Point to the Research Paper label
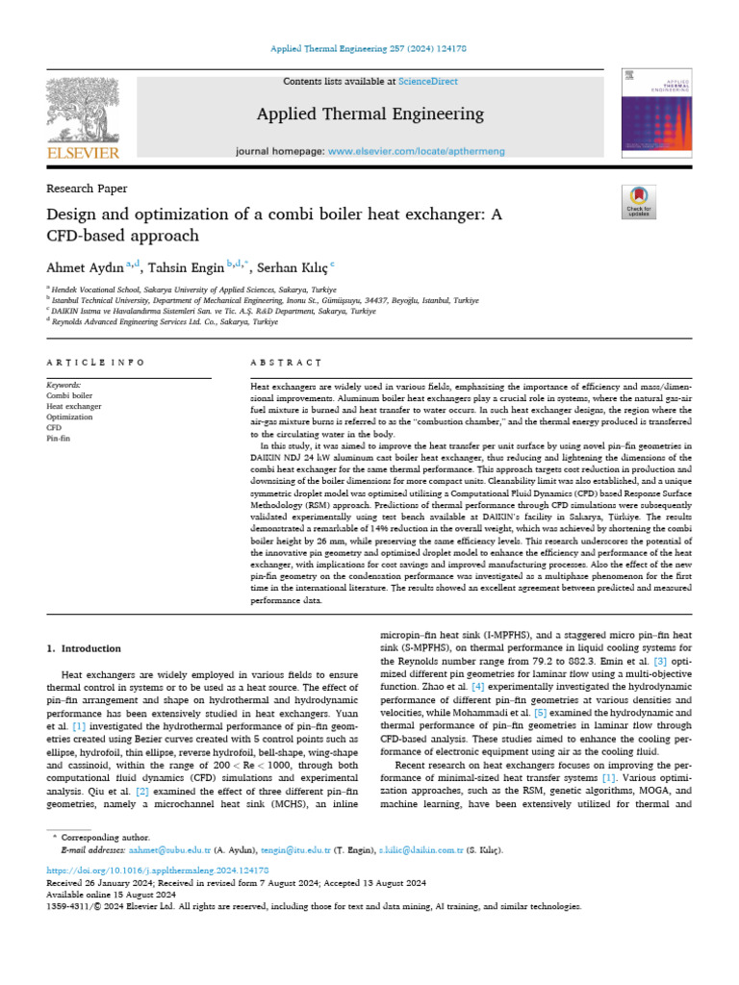click(x=87, y=189)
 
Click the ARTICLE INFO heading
click(x=95, y=363)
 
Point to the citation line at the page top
click(x=369, y=48)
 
